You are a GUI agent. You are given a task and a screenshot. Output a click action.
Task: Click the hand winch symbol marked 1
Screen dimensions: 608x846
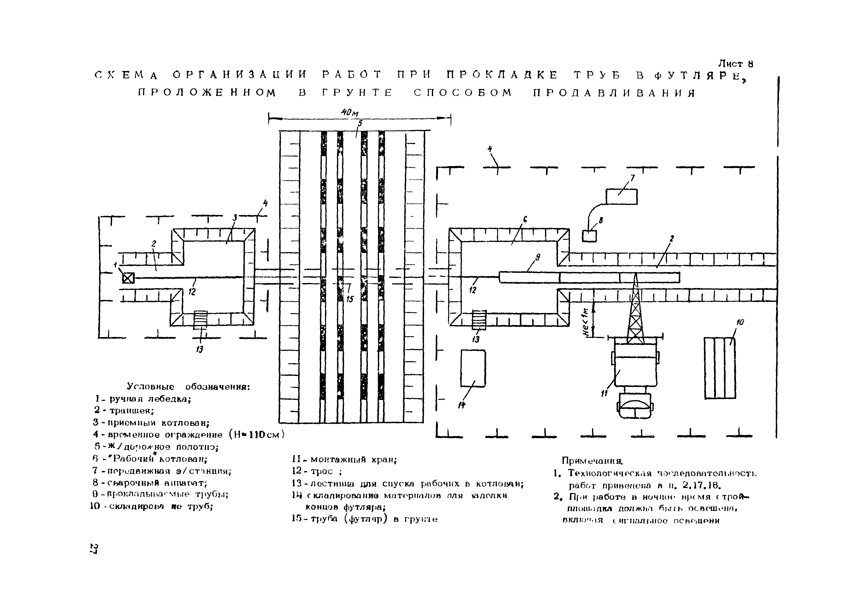[128, 278]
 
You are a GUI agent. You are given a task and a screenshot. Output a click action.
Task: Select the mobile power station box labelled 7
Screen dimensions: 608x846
[621, 197]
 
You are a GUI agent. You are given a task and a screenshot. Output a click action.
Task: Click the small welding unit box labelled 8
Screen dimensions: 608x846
[589, 236]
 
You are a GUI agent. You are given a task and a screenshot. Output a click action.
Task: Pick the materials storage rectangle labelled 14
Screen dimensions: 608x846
[473, 368]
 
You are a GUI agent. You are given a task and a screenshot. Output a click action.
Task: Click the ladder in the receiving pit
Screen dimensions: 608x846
[200, 320]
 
